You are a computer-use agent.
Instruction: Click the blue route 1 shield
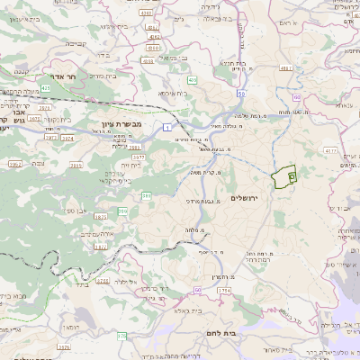coord(167,127)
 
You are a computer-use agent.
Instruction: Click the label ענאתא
coord(342,105)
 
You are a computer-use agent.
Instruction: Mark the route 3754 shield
coord(223,291)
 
